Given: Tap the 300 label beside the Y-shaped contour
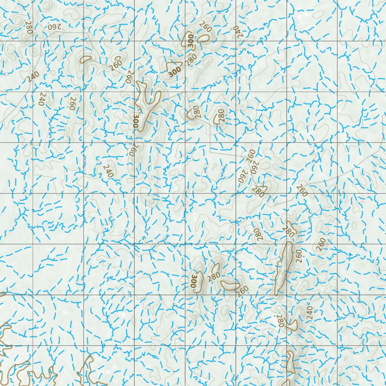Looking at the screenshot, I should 136,121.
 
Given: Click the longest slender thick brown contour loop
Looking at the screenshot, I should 283,267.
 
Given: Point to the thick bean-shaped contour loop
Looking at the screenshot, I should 230,285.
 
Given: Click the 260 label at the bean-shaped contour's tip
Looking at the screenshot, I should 244,290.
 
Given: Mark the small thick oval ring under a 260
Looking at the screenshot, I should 204,38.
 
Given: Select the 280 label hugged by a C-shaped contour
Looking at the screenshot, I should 221,115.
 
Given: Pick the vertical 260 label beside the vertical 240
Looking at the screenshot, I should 72,103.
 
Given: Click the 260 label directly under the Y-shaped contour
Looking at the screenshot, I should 132,150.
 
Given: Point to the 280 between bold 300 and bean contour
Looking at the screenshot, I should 214,276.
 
